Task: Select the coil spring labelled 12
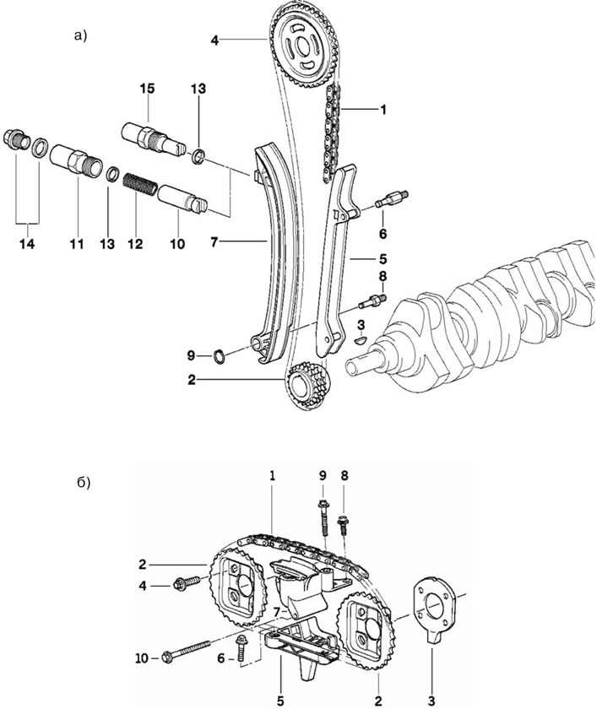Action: pos(141,184)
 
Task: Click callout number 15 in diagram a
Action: pos(147,88)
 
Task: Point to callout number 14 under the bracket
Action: pos(27,244)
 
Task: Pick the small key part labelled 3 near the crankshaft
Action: pos(361,339)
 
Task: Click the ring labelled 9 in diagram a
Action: pos(219,357)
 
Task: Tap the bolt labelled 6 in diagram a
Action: pos(392,199)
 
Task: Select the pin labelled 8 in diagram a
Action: pos(372,301)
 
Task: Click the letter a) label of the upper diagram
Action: pos(80,35)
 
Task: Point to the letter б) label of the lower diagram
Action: pos(84,483)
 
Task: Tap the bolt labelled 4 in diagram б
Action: pos(186,582)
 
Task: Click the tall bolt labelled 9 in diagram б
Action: pos(323,518)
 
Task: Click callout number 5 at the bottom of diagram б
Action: pos(281,701)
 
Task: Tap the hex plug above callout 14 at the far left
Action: pos(17,138)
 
